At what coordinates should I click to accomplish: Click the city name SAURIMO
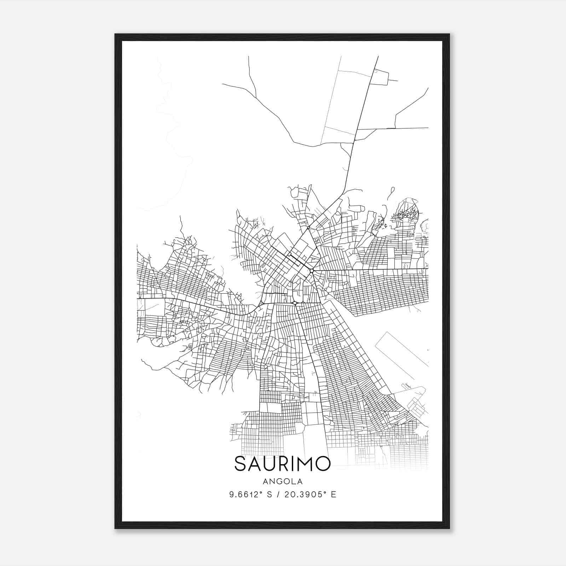pos(282,464)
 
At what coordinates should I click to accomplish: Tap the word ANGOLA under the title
pos(282,481)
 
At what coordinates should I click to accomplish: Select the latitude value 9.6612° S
pos(249,495)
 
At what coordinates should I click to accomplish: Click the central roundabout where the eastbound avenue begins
pos(311,271)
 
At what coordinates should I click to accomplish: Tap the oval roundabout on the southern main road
pos(295,303)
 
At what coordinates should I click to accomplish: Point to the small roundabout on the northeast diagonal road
pos(308,228)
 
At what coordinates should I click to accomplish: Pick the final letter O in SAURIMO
pos(323,464)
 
